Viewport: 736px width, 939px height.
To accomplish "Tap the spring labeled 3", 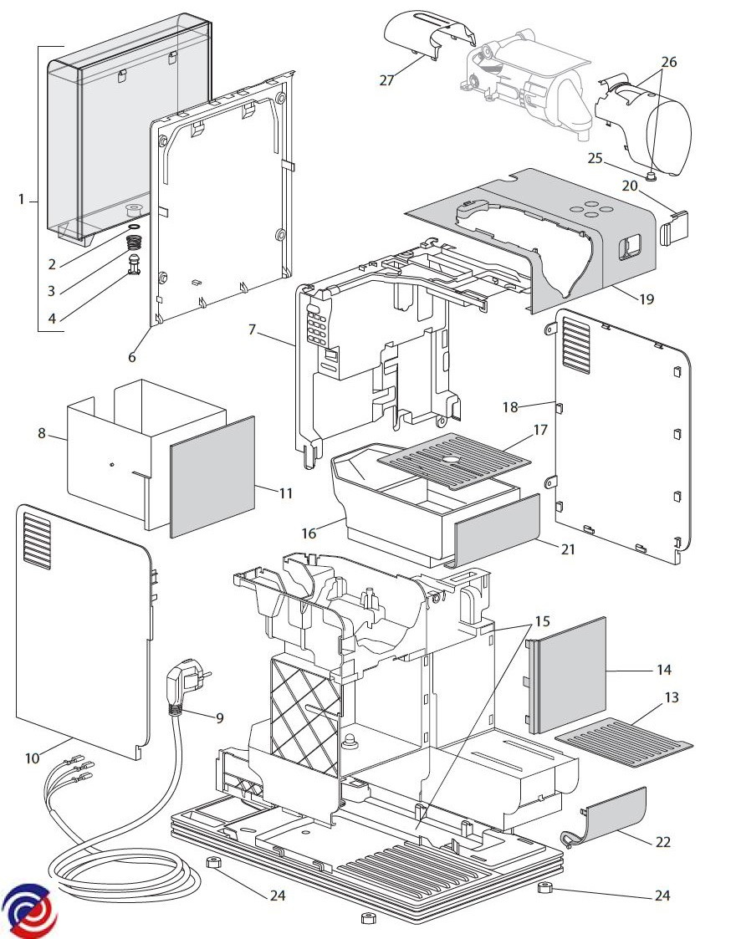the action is click(x=136, y=243).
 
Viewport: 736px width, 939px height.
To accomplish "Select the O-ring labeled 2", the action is click(x=135, y=227).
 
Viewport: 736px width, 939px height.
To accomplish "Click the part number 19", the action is click(x=647, y=299).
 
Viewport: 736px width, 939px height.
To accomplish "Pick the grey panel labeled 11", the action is click(x=212, y=477).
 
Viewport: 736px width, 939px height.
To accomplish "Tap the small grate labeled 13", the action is click(x=623, y=743).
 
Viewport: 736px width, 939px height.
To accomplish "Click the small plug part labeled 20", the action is click(x=674, y=227).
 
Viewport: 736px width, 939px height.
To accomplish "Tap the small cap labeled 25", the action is click(x=651, y=175).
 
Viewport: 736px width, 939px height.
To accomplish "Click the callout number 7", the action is click(x=252, y=329).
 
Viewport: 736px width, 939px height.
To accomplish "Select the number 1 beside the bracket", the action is click(x=22, y=199).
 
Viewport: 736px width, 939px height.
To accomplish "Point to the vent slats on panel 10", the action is click(x=37, y=541).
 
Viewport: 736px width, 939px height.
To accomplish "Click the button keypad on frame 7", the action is click(x=316, y=326).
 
